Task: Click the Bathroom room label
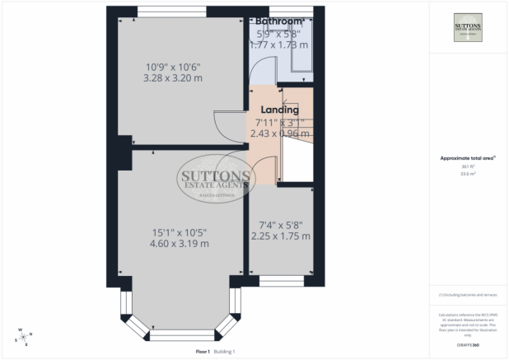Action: [x=280, y=20]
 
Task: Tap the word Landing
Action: [x=280, y=109]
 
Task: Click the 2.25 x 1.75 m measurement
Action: [x=280, y=236]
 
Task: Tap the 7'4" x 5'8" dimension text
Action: [x=280, y=222]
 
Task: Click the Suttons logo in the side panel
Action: [x=469, y=31]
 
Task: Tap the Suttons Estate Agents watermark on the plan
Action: [x=217, y=178]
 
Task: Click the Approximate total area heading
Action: [x=469, y=157]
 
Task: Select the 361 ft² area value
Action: [x=469, y=166]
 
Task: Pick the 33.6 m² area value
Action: [x=469, y=174]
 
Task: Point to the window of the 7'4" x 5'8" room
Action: [x=281, y=281]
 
